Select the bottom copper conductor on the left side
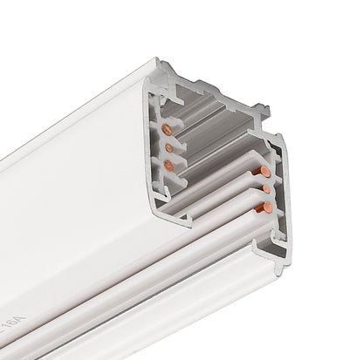pyautogui.click(x=168, y=163)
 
